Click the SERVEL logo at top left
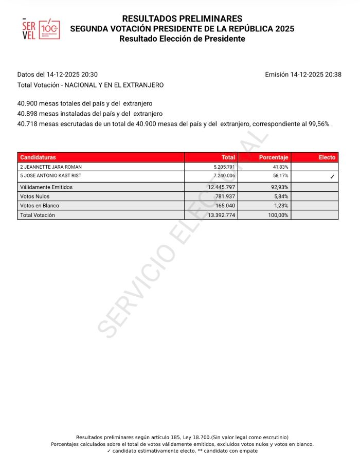click(x=41, y=28)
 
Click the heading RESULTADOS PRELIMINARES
click(x=182, y=19)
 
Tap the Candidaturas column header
click(x=38, y=157)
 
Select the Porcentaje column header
click(x=274, y=157)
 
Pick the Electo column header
click(x=327, y=157)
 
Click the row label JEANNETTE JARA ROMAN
click(x=51, y=167)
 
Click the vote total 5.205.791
click(x=222, y=167)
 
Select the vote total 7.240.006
click(x=222, y=176)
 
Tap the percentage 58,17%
click(x=280, y=176)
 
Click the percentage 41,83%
click(x=280, y=167)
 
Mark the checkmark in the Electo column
click(x=332, y=176)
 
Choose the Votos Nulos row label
click(x=35, y=196)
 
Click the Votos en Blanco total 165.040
click(x=224, y=206)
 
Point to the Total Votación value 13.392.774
click(x=220, y=215)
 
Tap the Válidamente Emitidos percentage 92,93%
click(x=279, y=187)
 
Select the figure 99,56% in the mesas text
click(x=319, y=124)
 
